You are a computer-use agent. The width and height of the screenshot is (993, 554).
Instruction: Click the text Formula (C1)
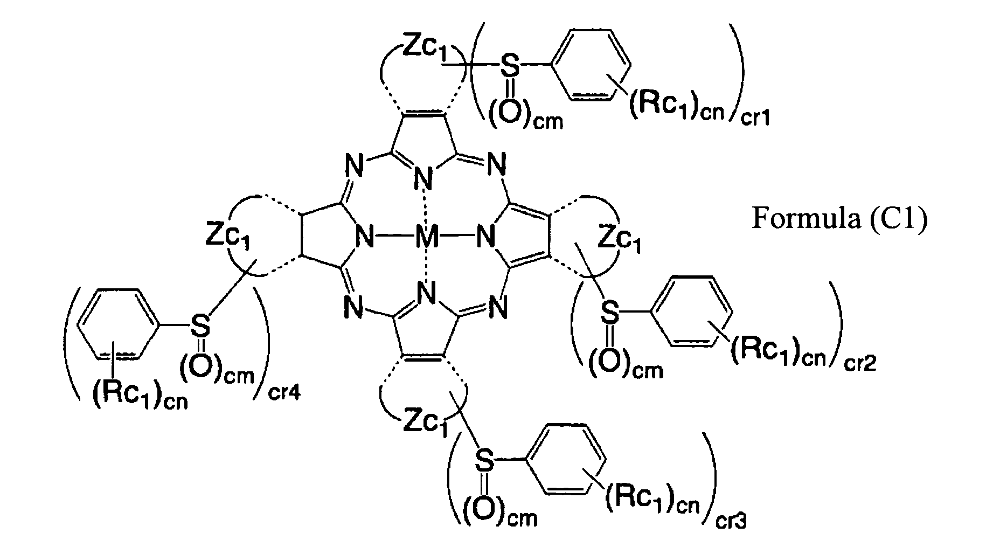tap(839, 219)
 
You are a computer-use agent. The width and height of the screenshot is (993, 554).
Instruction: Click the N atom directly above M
tap(426, 177)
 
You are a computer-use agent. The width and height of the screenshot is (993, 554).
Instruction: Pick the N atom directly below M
tap(427, 294)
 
